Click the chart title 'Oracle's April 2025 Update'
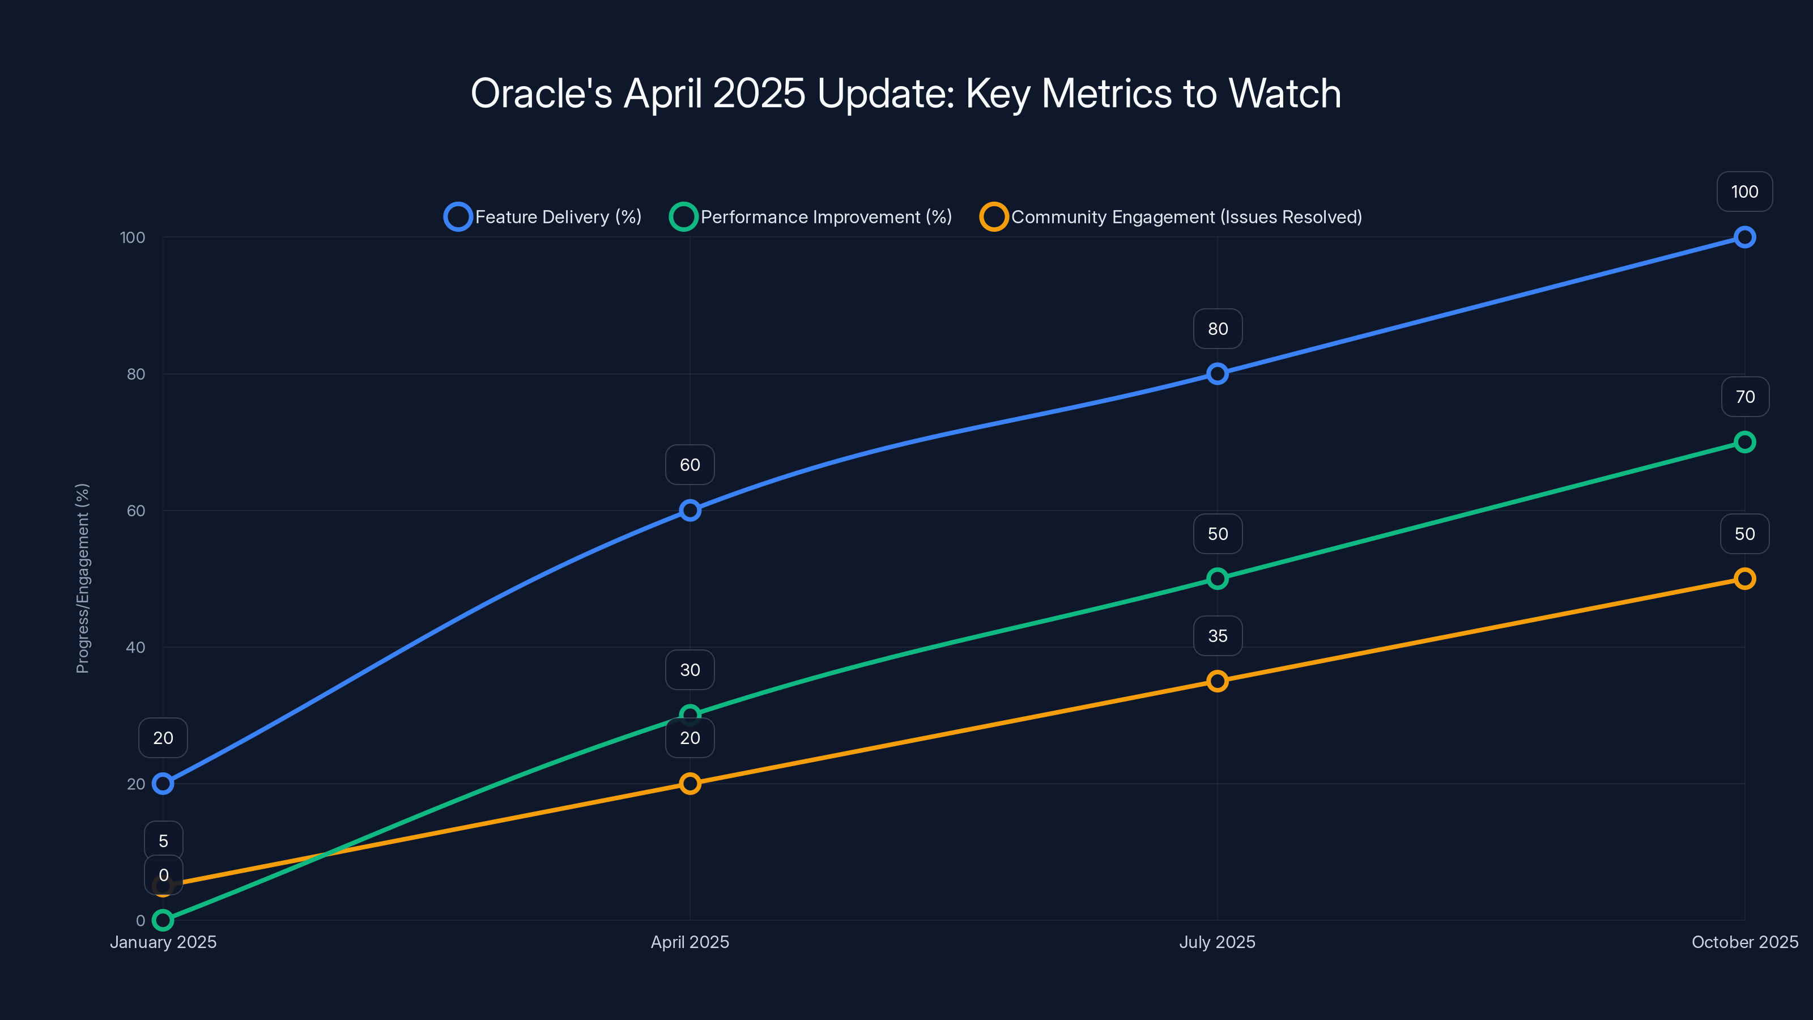click(906, 93)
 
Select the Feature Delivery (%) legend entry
click(543, 217)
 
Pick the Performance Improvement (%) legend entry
click(811, 217)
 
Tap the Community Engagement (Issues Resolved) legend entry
click(1171, 217)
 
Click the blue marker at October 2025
click(1744, 237)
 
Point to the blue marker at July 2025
click(1217, 374)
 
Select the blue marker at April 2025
click(690, 511)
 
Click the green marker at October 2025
click(1744, 442)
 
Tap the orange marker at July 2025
click(1217, 681)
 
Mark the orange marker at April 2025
click(690, 784)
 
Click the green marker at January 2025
click(163, 920)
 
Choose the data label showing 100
click(1744, 192)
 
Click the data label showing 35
click(1217, 636)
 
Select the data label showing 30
click(690, 669)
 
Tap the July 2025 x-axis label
click(1217, 942)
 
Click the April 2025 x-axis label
click(690, 942)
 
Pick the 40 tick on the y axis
click(135, 647)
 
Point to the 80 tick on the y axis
click(135, 374)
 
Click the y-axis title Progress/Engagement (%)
click(82, 578)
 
